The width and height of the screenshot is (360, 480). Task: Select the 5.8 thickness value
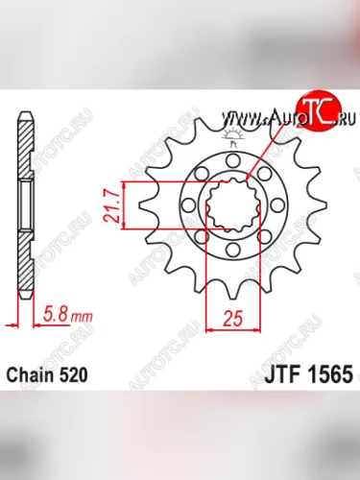(x=55, y=313)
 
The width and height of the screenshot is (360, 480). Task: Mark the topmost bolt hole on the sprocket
(x=232, y=160)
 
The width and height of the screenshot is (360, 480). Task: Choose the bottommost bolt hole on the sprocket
(x=232, y=251)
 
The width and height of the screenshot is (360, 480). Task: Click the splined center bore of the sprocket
(x=232, y=205)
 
